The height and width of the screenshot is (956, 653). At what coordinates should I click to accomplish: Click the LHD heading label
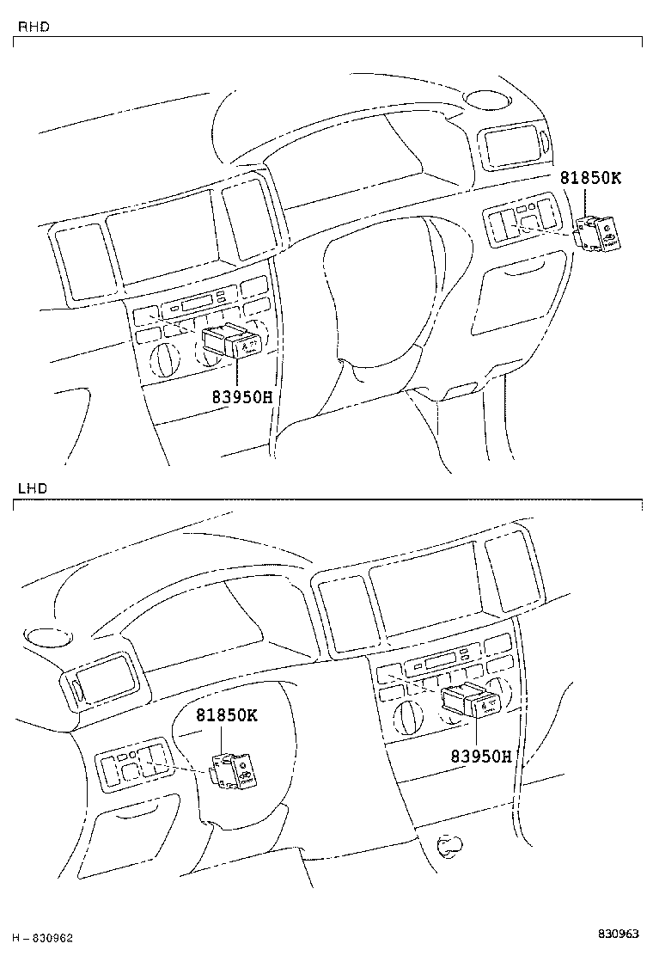pyautogui.click(x=33, y=488)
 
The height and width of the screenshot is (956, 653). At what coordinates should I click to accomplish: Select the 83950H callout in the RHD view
pyautogui.click(x=241, y=397)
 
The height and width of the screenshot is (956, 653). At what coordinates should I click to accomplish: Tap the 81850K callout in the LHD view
pyautogui.click(x=226, y=714)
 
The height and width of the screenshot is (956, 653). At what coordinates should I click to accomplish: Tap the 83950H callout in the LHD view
pyautogui.click(x=479, y=756)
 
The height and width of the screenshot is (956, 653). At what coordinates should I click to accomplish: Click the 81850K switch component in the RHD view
pyautogui.click(x=599, y=235)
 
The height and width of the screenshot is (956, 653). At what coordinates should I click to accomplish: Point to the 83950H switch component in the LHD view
pyautogui.click(x=469, y=701)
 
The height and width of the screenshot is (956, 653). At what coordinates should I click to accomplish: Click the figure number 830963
pyautogui.click(x=619, y=934)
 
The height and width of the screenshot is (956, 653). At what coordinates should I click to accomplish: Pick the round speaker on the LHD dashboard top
pyautogui.click(x=42, y=636)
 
